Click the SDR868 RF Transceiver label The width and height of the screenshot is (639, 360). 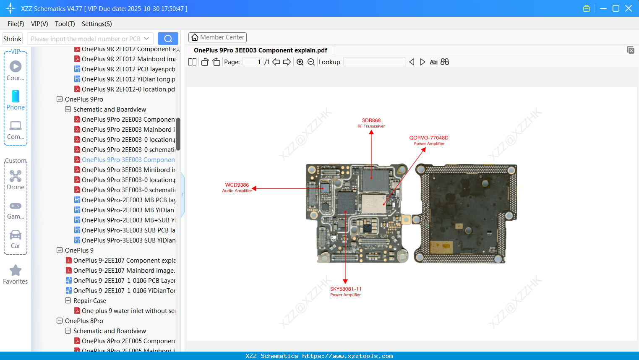coord(371,123)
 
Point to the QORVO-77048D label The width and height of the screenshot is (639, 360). coord(429,140)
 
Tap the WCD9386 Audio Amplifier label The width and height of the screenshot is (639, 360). coord(237,188)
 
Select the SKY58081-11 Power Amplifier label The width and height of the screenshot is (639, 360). coord(345,292)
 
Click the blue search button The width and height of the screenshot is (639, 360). coord(168,39)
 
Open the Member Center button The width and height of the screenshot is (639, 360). coord(217,37)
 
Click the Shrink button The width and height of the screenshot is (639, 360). coord(12,39)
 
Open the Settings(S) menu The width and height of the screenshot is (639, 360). coord(97,24)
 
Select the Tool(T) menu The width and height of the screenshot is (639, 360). coord(65,24)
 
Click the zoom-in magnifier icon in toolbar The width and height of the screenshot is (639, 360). coord(300,62)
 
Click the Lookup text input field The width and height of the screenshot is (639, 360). coord(374,62)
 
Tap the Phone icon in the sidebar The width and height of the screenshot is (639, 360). coord(16,100)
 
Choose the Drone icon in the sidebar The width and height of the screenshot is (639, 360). coord(16,180)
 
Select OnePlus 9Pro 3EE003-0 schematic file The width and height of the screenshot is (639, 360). coord(128,190)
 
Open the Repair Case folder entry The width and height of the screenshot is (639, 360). coord(89,301)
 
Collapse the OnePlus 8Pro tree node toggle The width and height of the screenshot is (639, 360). coord(60,321)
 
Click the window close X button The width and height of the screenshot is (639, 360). coord(629,8)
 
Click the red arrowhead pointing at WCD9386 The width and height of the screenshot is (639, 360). coord(254,189)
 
